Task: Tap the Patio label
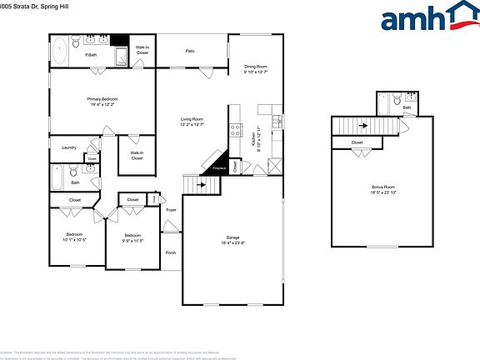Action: point(190,51)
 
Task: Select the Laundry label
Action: point(69,147)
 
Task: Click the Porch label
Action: point(170,252)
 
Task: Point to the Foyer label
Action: point(171,209)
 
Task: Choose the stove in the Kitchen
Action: point(236,131)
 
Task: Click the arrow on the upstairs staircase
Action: point(364,127)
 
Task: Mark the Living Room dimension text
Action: point(192,125)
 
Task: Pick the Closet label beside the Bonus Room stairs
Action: point(357,142)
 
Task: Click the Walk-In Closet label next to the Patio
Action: point(142,50)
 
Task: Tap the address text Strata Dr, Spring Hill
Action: point(37,7)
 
